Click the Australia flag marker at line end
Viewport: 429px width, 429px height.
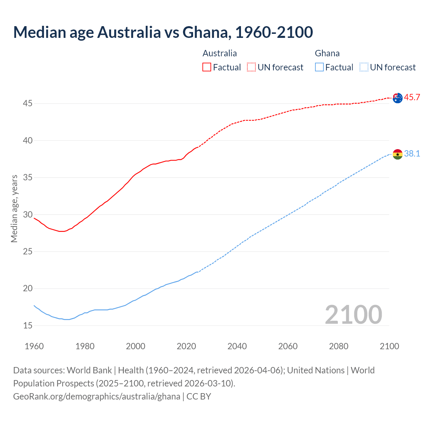[397, 98]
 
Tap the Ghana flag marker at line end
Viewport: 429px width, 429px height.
[397, 154]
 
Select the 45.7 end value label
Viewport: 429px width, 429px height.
[412, 98]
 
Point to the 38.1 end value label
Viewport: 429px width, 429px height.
[412, 154]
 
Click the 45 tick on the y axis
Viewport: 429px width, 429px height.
[27, 104]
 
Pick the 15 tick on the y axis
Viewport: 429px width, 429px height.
[27, 325]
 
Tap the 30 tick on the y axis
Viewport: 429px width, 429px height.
[27, 214]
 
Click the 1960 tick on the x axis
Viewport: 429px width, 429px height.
[34, 346]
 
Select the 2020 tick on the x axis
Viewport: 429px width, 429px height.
[186, 346]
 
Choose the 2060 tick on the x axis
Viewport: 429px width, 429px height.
[288, 346]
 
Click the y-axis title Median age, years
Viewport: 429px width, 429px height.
[14, 208]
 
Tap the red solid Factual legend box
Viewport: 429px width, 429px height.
[207, 67]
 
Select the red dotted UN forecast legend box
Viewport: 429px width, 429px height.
[251, 67]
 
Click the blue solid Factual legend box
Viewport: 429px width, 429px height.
[319, 67]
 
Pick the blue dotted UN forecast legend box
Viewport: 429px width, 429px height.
[364, 67]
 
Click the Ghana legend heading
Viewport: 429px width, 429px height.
[327, 53]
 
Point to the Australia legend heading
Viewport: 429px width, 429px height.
[220, 53]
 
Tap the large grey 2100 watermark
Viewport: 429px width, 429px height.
[353, 314]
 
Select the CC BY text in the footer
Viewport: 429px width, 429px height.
[199, 396]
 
